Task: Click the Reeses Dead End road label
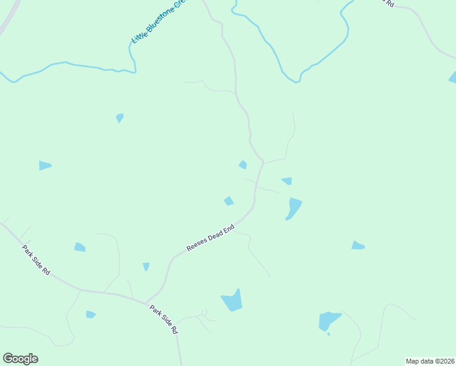pos(210,237)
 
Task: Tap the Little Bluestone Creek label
pos(157,21)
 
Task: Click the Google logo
pos(20,359)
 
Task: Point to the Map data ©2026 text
pos(430,361)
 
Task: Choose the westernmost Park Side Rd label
pos(36,259)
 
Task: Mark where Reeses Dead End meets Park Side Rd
pos(146,303)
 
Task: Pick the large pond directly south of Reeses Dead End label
pos(232,300)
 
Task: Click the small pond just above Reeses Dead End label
pos(229,201)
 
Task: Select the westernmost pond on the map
pos(45,165)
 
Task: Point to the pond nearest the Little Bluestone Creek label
pos(119,117)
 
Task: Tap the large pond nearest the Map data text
pos(329,321)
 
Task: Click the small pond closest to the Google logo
pos(91,314)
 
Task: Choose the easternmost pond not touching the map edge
pos(357,245)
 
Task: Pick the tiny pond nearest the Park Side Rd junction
pos(146,267)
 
